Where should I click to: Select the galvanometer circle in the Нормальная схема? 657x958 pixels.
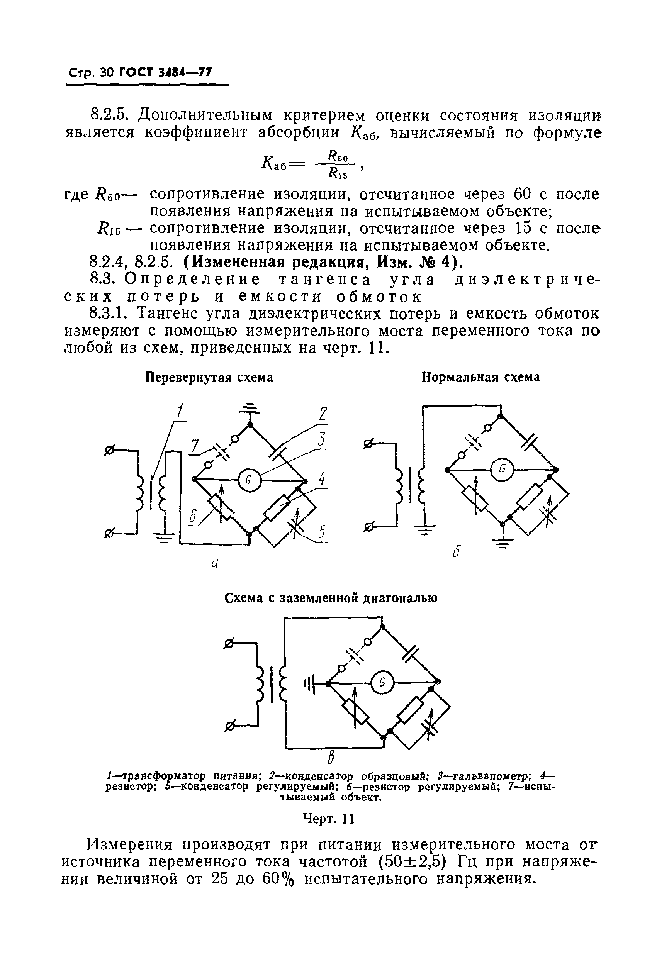(x=501, y=469)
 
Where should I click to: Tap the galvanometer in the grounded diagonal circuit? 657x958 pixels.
(x=382, y=683)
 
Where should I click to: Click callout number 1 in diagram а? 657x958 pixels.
(x=180, y=411)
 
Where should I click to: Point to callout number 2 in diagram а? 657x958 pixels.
(x=323, y=414)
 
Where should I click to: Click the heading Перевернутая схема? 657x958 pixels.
(x=209, y=377)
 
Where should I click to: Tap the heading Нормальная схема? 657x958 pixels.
(x=480, y=377)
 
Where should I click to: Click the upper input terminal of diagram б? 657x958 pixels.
(x=368, y=444)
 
